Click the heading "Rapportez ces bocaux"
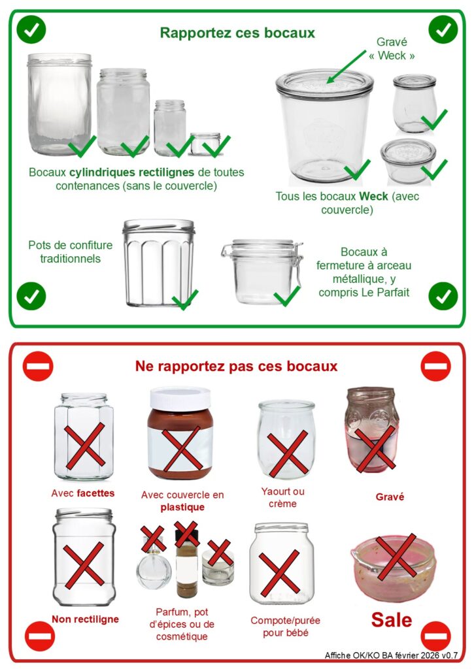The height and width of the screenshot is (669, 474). [x=237, y=33]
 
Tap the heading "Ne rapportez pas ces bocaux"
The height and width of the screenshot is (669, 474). [x=236, y=366]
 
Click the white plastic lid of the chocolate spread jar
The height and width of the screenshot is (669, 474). [x=180, y=399]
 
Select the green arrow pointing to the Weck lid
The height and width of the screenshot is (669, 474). [x=346, y=67]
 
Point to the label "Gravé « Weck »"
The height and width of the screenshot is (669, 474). [x=392, y=48]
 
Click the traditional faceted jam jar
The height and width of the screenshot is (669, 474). [x=158, y=263]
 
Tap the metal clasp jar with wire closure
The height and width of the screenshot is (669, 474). [x=262, y=272]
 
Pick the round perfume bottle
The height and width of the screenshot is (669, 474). [x=153, y=566]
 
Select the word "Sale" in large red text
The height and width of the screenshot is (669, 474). [x=391, y=619]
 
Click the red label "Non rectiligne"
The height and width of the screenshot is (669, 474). [x=86, y=619]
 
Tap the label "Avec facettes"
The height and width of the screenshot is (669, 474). [x=83, y=493]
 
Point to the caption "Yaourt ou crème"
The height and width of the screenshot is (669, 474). [x=282, y=497]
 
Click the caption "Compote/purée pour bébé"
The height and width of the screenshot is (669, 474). [x=285, y=627]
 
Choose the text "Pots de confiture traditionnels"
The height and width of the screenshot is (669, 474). [x=71, y=252]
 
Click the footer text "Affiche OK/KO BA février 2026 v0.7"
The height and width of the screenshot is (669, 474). [x=391, y=655]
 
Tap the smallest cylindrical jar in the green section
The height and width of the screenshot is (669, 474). [x=205, y=143]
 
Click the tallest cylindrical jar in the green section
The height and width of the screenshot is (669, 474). [x=59, y=104]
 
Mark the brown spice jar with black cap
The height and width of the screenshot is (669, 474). [x=187, y=563]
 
